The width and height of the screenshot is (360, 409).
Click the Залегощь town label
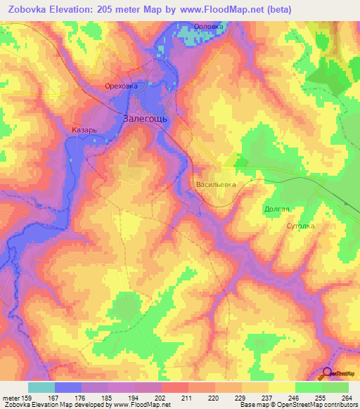point(146,119)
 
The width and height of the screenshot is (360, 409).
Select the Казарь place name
point(84,131)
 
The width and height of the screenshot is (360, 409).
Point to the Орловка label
point(209,27)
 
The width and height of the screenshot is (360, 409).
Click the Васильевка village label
point(217,186)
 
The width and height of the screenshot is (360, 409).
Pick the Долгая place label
point(277,209)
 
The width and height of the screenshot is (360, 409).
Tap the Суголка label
point(300,226)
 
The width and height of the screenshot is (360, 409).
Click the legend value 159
point(29,397)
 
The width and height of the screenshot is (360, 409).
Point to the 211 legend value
point(186,397)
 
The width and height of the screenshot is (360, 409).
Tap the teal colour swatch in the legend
point(41,387)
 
